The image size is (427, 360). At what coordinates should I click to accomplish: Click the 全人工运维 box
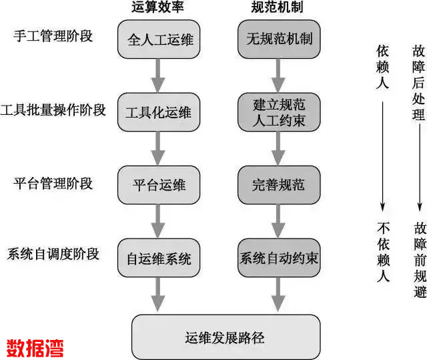click(158, 39)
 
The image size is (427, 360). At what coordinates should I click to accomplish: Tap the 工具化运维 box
click(158, 112)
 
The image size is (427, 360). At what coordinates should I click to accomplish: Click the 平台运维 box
click(158, 185)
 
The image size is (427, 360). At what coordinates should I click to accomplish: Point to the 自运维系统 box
click(158, 257)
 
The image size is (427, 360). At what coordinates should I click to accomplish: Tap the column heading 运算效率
click(158, 8)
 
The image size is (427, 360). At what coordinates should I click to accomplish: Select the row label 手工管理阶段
click(53, 36)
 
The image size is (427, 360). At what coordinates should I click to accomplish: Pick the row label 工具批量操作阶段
click(53, 109)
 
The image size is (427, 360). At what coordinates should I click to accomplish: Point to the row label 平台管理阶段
click(53, 182)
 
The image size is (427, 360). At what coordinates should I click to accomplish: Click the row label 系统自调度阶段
click(53, 254)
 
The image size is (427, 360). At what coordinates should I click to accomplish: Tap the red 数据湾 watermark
click(35, 347)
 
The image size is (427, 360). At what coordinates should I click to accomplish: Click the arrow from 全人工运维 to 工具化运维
click(158, 75)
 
